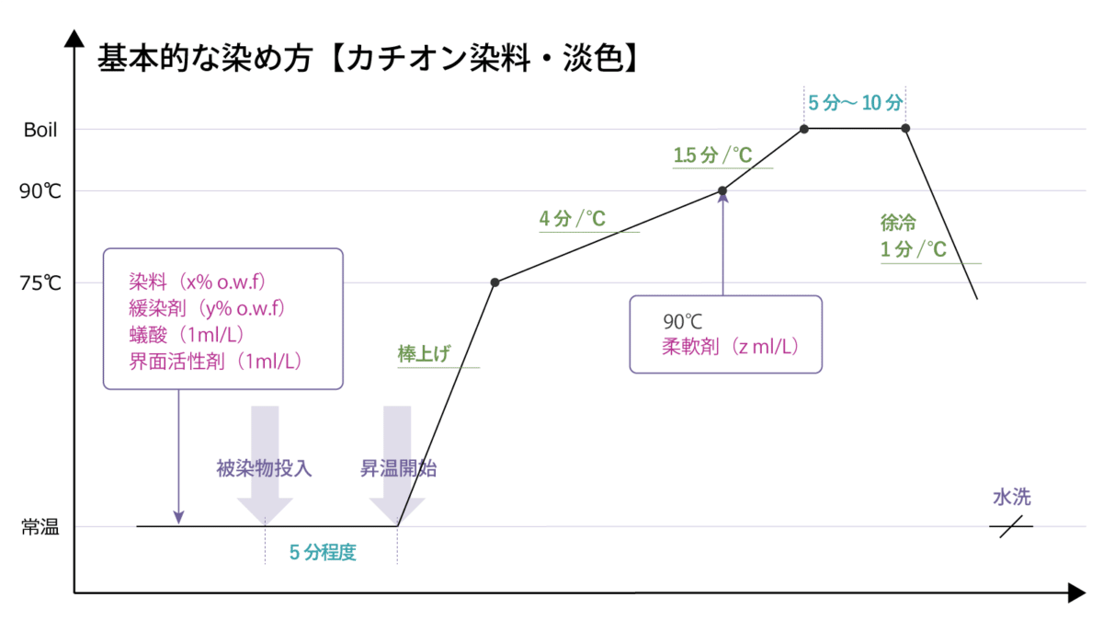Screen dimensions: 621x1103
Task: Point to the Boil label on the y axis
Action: (x=40, y=131)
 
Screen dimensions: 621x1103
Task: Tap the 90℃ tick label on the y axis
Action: (x=40, y=192)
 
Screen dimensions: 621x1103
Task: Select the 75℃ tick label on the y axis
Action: (x=40, y=283)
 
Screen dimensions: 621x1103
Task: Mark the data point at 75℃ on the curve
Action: (x=495, y=282)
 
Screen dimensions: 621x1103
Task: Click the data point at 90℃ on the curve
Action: (x=722, y=191)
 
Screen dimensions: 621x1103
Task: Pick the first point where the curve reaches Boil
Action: (x=804, y=129)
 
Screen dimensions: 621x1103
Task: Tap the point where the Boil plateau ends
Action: (x=905, y=129)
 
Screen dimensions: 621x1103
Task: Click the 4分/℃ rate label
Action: (x=572, y=219)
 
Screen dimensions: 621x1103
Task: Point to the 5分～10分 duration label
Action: (x=855, y=103)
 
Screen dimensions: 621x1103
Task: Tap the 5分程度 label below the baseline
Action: (x=323, y=554)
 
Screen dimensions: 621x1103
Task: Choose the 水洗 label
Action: (x=1011, y=498)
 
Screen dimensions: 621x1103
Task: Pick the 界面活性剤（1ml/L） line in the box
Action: (x=216, y=361)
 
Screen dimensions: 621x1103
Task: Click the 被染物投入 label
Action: (x=264, y=468)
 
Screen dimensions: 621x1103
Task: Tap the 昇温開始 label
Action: (x=398, y=468)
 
